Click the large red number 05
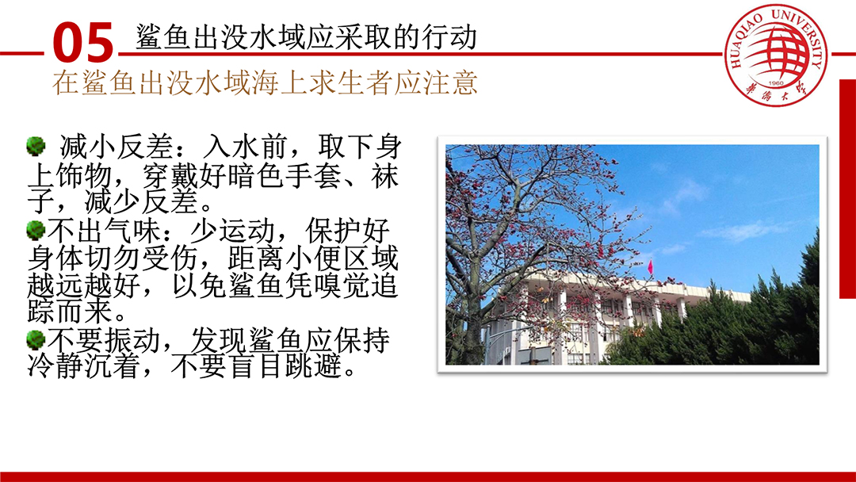[x=83, y=42]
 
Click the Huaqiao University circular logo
[x=775, y=55]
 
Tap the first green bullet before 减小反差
[x=36, y=147]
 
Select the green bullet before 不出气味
[x=36, y=229]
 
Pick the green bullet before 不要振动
[x=36, y=339]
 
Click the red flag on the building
[x=650, y=267]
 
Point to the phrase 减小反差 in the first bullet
[x=116, y=147]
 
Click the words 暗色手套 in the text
[x=284, y=176]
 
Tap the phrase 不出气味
[x=104, y=231]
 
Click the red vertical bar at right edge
[x=847, y=189]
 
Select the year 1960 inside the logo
[x=775, y=83]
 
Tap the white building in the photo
[x=590, y=319]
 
